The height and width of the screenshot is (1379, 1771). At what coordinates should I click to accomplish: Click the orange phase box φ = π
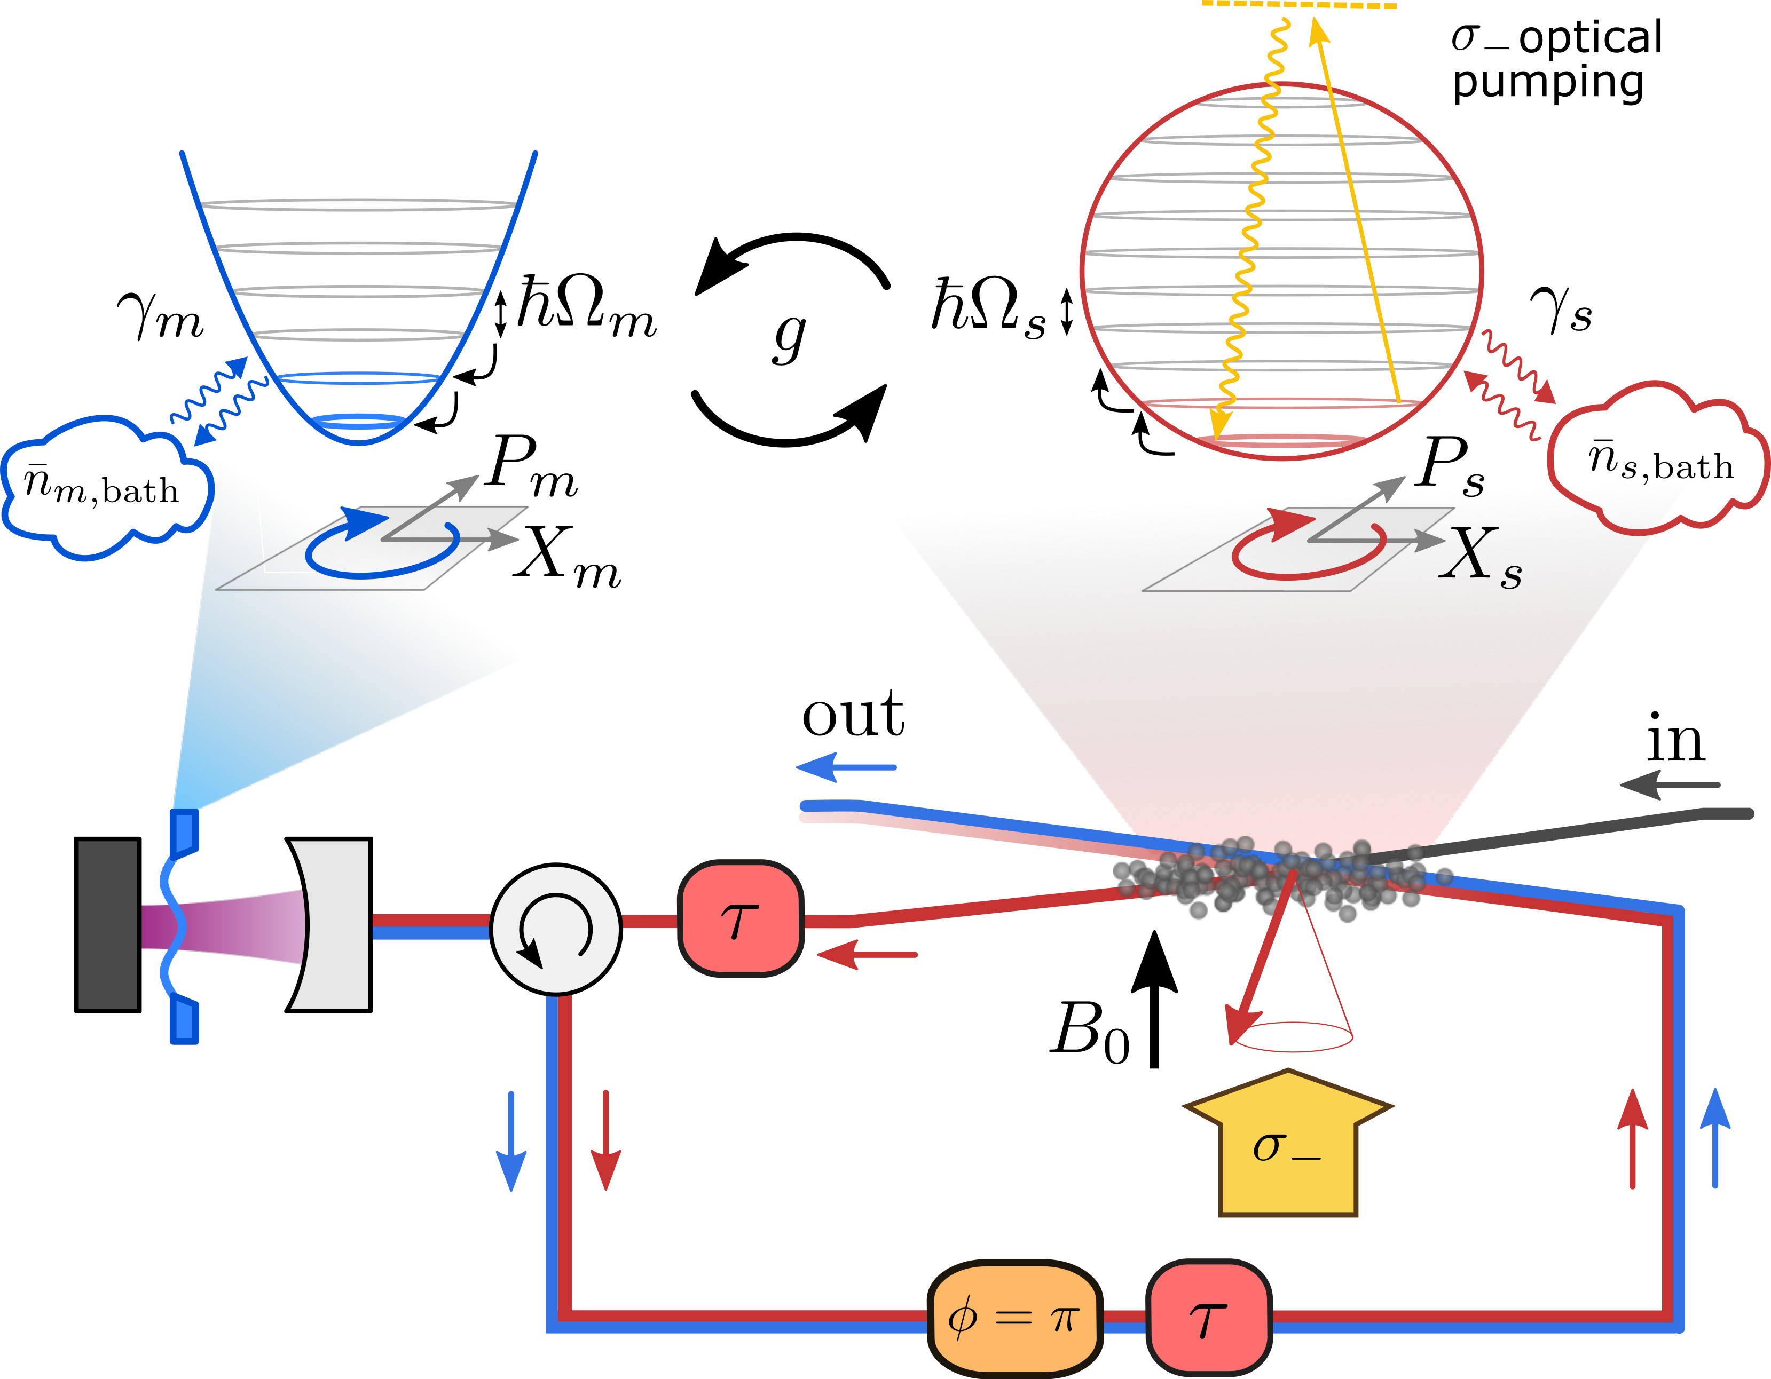coord(1014,1318)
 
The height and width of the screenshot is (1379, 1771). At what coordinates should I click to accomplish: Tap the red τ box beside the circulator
coord(741,918)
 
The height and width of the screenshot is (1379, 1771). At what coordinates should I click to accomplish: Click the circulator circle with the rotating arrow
coord(556,929)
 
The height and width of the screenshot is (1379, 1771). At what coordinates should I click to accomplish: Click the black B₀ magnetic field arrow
coord(1154,997)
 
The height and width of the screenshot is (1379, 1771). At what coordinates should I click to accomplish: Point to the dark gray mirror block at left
coord(108,925)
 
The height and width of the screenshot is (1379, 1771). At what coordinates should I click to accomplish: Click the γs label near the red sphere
coord(1561,311)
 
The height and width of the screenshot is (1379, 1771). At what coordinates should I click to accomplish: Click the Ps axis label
coord(1452,465)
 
